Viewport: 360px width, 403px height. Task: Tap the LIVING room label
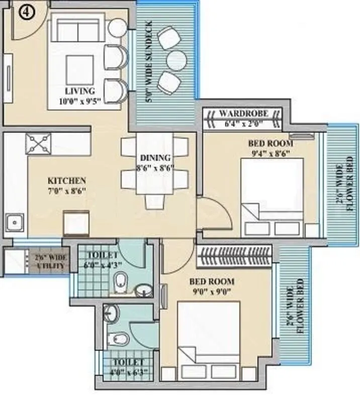(80, 91)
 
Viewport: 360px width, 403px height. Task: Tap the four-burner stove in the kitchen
(39, 143)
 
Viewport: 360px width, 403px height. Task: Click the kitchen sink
(15, 222)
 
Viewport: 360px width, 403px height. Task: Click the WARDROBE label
(244, 113)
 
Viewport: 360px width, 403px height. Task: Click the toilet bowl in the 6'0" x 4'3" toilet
(121, 281)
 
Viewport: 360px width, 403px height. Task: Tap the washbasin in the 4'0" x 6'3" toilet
(111, 314)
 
